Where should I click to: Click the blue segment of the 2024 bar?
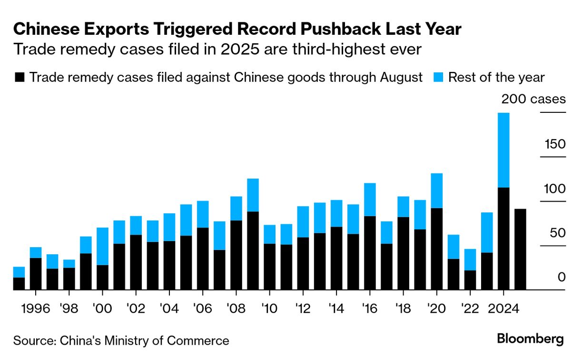point(503,150)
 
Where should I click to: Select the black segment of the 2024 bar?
point(503,238)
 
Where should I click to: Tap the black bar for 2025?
point(520,249)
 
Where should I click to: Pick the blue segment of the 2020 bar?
point(436,190)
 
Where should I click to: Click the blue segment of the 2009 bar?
point(253,195)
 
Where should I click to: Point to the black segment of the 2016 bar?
point(370,252)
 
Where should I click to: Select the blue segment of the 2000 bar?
point(102,246)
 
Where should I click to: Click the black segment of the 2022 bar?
point(470,280)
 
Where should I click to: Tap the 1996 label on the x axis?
point(36,308)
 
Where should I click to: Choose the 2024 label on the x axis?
point(503,308)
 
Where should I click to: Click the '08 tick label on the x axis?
point(236,308)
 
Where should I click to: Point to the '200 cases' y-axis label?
point(533,99)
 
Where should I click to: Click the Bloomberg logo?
point(531,339)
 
